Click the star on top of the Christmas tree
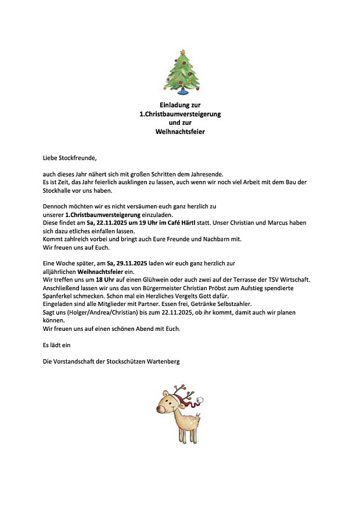pos(181,52)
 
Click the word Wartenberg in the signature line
pos(161,361)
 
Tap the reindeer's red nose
pos(160,409)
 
